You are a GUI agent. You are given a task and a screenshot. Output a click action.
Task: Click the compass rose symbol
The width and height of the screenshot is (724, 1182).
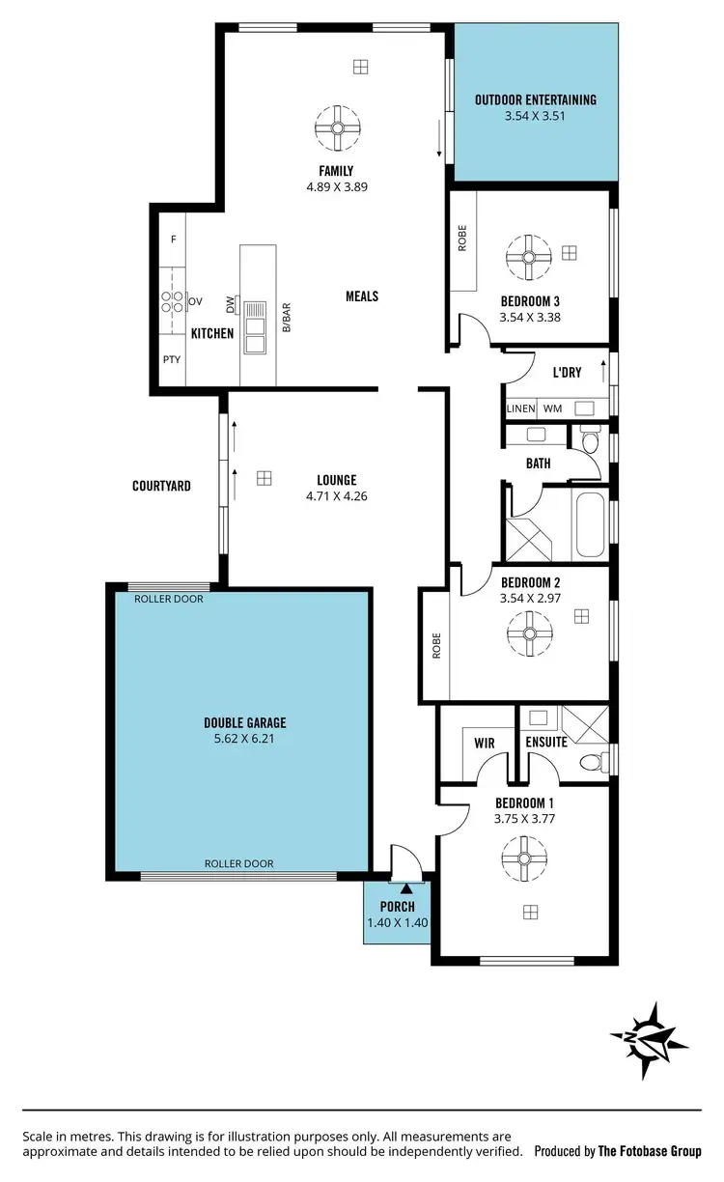click(649, 1040)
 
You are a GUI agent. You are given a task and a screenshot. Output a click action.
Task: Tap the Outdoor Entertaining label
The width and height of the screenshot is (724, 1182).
click(536, 99)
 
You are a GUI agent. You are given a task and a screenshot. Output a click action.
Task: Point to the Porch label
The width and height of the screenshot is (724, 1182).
click(397, 907)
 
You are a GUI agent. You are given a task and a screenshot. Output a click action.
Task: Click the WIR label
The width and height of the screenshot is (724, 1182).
click(484, 743)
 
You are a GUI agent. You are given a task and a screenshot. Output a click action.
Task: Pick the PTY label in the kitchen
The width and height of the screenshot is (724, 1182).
click(172, 360)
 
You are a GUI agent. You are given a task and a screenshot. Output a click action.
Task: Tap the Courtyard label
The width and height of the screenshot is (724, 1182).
click(161, 486)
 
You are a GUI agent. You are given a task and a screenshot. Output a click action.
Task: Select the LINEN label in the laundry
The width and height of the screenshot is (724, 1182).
click(520, 409)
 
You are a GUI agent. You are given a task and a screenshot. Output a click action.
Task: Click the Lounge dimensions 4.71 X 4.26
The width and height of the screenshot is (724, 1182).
click(336, 496)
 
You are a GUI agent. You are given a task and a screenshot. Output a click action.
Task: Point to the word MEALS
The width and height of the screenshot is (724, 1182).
click(362, 296)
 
